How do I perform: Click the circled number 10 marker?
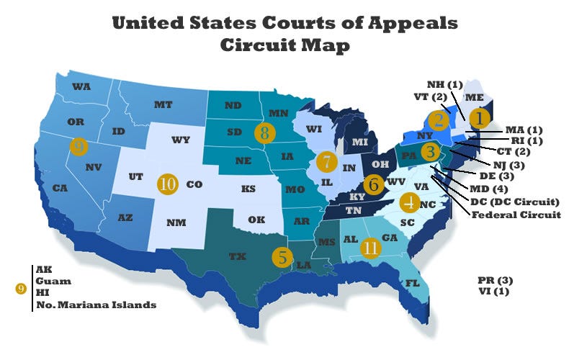[168, 184]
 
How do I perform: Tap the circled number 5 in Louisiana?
[282, 256]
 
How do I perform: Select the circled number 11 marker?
[372, 248]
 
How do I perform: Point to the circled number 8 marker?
[265, 132]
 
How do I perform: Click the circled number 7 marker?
[326, 161]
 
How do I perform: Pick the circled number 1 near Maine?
[478, 116]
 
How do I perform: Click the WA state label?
[81, 86]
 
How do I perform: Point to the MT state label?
[163, 104]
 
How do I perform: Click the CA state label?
[60, 188]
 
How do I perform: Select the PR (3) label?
[495, 279]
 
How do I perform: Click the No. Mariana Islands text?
[94, 305]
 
